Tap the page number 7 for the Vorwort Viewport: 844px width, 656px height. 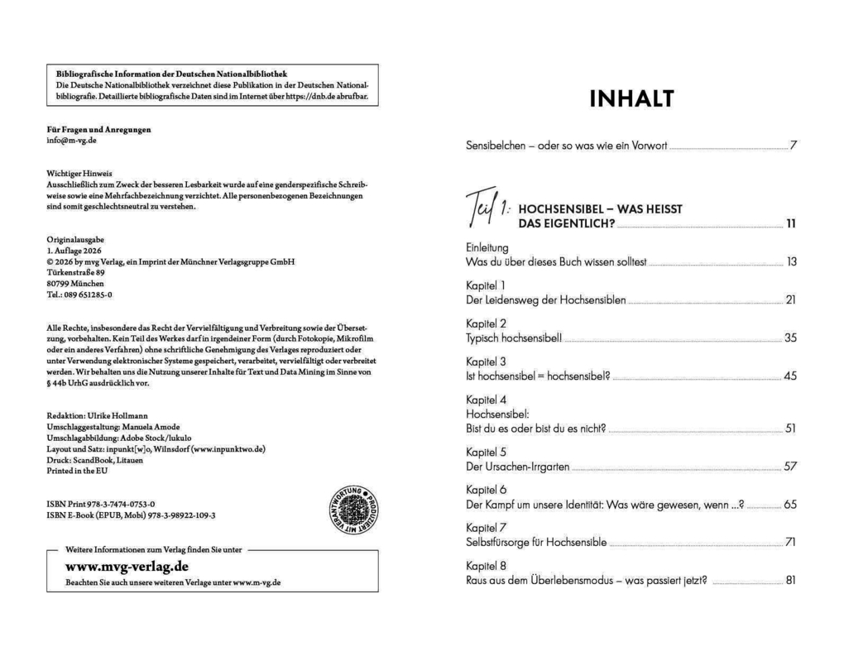click(x=793, y=146)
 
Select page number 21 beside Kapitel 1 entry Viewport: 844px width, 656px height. click(x=790, y=299)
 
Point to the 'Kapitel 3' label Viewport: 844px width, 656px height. click(x=487, y=362)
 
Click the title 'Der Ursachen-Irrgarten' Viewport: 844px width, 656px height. click(x=518, y=467)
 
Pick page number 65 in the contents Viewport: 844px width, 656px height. click(x=789, y=504)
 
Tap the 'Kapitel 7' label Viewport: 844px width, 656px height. click(x=487, y=527)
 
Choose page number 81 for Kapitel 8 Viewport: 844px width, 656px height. click(x=790, y=580)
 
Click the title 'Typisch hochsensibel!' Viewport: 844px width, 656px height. click(x=514, y=338)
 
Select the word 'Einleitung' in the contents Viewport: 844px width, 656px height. click(x=488, y=247)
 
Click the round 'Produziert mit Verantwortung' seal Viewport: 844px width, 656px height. click(x=354, y=510)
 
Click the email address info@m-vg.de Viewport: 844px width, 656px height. click(x=72, y=141)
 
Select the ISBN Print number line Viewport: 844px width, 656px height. click(x=102, y=503)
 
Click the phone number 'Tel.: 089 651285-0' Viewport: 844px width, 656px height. click(x=80, y=294)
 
